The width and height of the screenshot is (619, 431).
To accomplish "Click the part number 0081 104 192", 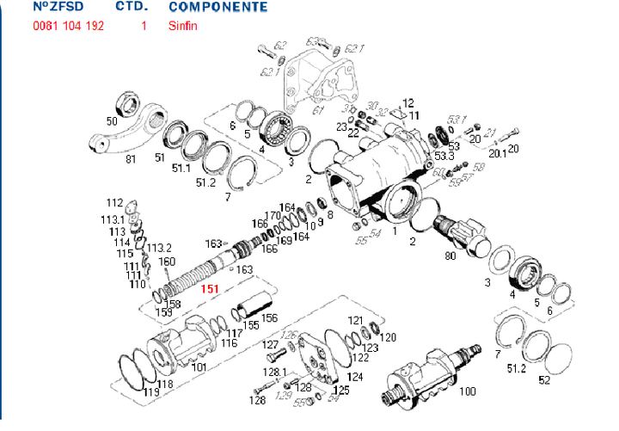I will pos(68,26).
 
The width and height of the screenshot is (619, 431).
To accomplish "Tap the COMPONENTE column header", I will pos(218,7).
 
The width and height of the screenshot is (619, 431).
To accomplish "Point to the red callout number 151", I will pos(211,290).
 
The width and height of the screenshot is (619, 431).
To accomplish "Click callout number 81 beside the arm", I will pos(132,159).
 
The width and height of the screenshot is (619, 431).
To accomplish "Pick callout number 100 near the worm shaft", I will pos(468,391).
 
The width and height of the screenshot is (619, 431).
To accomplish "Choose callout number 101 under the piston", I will pos(199,367).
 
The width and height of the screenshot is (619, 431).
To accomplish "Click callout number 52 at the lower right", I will pos(543,379).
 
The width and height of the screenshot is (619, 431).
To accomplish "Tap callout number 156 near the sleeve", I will pos(270,317).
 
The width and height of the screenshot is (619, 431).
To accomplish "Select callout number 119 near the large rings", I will pos(151,393).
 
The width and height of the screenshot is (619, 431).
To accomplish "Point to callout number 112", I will pos(114,203).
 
